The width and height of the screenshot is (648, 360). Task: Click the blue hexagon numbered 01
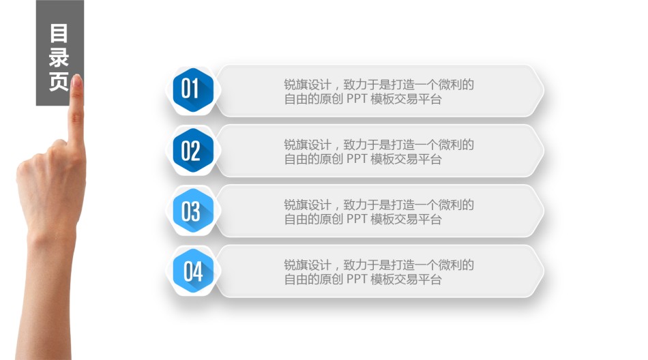[x=193, y=90]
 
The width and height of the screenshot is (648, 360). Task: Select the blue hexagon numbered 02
[x=193, y=150]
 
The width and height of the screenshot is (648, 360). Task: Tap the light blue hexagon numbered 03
[x=193, y=211]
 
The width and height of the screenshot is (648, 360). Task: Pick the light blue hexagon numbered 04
[x=193, y=271]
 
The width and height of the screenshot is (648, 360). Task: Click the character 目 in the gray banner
[x=59, y=33]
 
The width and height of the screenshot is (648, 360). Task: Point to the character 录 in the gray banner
[x=59, y=57]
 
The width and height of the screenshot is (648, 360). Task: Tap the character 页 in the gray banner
[x=59, y=81]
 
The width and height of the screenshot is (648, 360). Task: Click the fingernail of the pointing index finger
[x=76, y=80]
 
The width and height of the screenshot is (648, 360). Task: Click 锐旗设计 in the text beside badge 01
[x=308, y=85]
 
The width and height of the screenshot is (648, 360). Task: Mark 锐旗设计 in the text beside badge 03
[x=308, y=205]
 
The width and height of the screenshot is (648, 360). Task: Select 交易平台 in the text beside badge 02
[x=418, y=159]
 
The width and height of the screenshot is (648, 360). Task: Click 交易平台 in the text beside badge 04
[x=418, y=280]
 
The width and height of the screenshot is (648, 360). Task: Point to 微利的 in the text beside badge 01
[x=456, y=85]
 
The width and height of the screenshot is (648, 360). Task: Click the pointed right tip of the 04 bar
[x=544, y=271]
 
